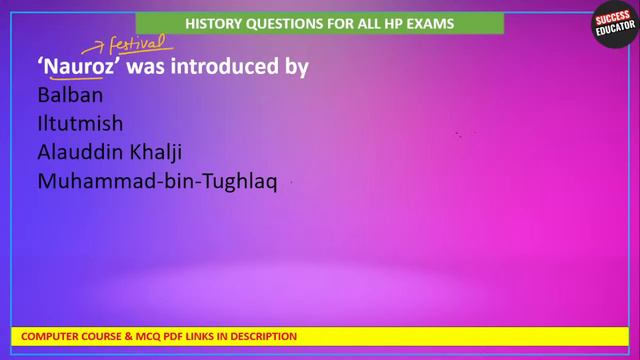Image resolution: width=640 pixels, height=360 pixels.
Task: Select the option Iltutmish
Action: click(80, 125)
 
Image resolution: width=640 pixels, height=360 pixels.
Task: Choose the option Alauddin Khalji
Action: click(110, 153)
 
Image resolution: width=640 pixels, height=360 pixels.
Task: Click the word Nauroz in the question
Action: click(79, 67)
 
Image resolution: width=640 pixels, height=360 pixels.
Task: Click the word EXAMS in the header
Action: click(427, 23)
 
